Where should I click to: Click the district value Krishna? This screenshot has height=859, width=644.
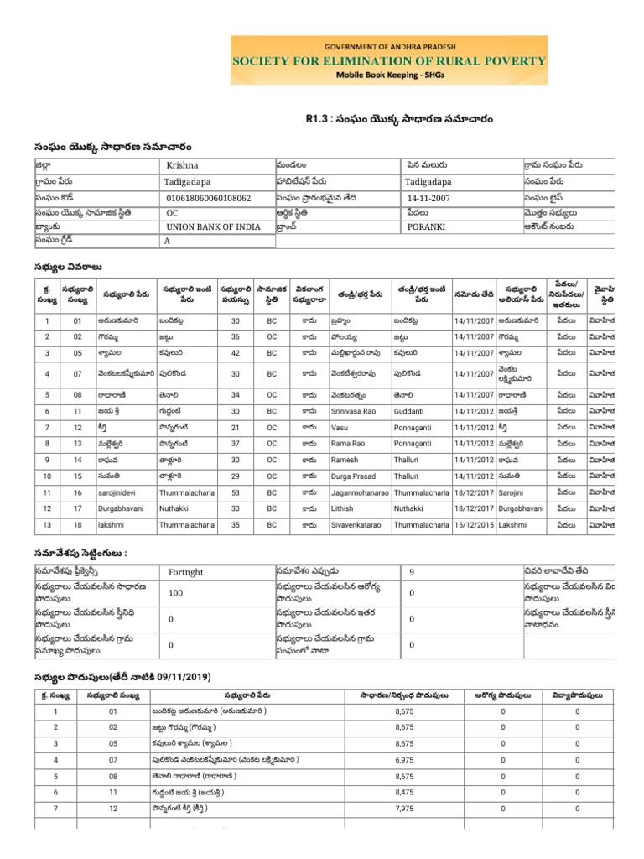coord(182,166)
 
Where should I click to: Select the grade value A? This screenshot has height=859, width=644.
coord(169,242)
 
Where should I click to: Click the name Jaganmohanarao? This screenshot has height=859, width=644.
coord(360,492)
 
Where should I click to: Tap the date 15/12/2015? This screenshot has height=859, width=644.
coord(473,525)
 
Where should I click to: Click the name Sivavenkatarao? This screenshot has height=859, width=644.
coord(359,525)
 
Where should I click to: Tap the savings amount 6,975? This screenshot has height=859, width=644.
coord(404,760)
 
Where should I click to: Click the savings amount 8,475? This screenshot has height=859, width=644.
coord(404,792)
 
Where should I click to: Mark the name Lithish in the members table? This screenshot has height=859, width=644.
coord(343,509)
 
